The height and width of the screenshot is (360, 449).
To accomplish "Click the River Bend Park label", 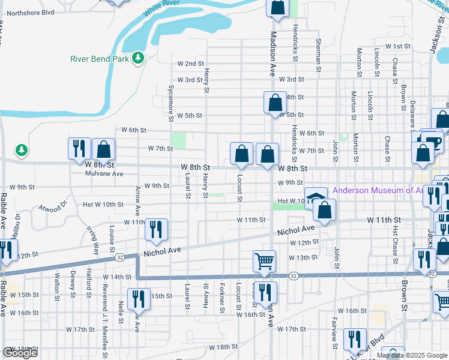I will point(100,59).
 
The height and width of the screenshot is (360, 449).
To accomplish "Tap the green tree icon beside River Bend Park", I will point(139,58).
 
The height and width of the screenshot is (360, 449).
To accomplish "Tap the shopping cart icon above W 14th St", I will point(264,261).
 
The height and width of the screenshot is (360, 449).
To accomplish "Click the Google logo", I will point(20,353).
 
